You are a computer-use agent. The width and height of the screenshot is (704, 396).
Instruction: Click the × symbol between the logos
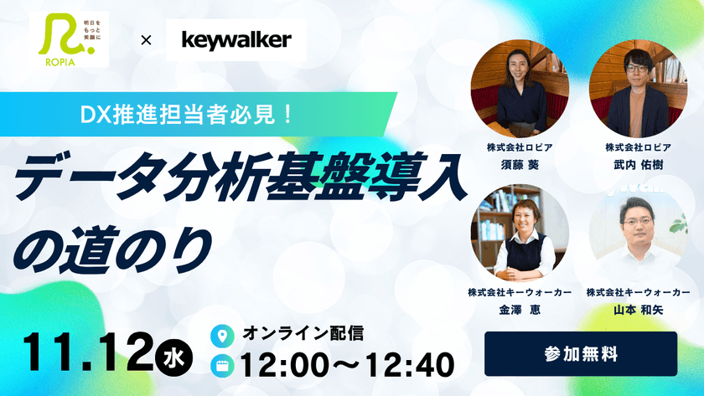[146, 40]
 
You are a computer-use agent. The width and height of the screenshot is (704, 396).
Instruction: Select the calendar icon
[223, 365]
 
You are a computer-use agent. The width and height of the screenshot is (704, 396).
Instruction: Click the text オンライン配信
[303, 333]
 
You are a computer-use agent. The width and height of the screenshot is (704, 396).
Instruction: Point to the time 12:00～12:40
[346, 364]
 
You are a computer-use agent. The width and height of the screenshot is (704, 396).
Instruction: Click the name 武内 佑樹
[639, 165]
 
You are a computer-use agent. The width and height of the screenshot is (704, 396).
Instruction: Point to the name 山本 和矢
[639, 308]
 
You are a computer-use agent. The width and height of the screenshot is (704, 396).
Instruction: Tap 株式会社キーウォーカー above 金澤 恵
[520, 292]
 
